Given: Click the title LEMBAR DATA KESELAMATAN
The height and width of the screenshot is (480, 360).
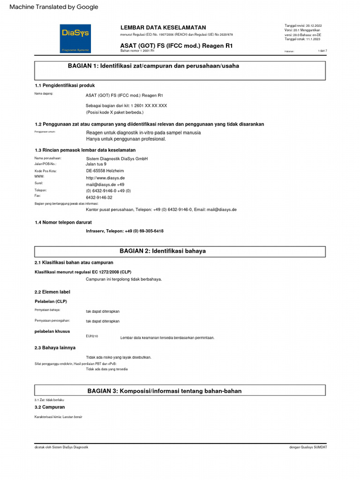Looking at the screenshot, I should (163, 28).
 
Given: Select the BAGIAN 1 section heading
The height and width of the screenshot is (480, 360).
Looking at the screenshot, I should (153, 66).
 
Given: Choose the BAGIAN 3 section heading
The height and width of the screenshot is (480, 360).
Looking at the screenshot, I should (165, 391).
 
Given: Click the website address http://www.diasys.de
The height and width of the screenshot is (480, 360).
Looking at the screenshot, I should (105, 178).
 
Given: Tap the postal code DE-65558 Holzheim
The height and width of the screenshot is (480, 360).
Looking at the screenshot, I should (105, 171).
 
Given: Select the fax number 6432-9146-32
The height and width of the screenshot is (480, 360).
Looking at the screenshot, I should (99, 198).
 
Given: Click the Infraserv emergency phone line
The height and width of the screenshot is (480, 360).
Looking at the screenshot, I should (125, 231).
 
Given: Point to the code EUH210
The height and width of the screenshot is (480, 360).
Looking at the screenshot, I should (92, 337).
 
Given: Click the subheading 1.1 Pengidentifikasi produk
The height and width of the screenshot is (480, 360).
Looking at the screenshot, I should (65, 86).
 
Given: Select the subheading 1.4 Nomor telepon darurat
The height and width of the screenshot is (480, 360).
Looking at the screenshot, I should (63, 222).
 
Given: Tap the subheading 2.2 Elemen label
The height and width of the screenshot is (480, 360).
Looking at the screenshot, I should (52, 292).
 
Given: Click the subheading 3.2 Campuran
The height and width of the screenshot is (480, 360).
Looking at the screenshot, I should (50, 407).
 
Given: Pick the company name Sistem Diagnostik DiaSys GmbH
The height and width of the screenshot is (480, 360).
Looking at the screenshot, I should (117, 159).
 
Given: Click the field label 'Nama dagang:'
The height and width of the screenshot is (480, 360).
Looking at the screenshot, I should (44, 94).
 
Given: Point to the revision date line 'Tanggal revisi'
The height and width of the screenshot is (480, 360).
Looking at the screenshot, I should (303, 25).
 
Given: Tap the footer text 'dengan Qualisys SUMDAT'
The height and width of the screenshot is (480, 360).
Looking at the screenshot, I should (308, 447).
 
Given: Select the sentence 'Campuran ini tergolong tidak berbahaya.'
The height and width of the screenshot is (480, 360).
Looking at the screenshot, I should (124, 279).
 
